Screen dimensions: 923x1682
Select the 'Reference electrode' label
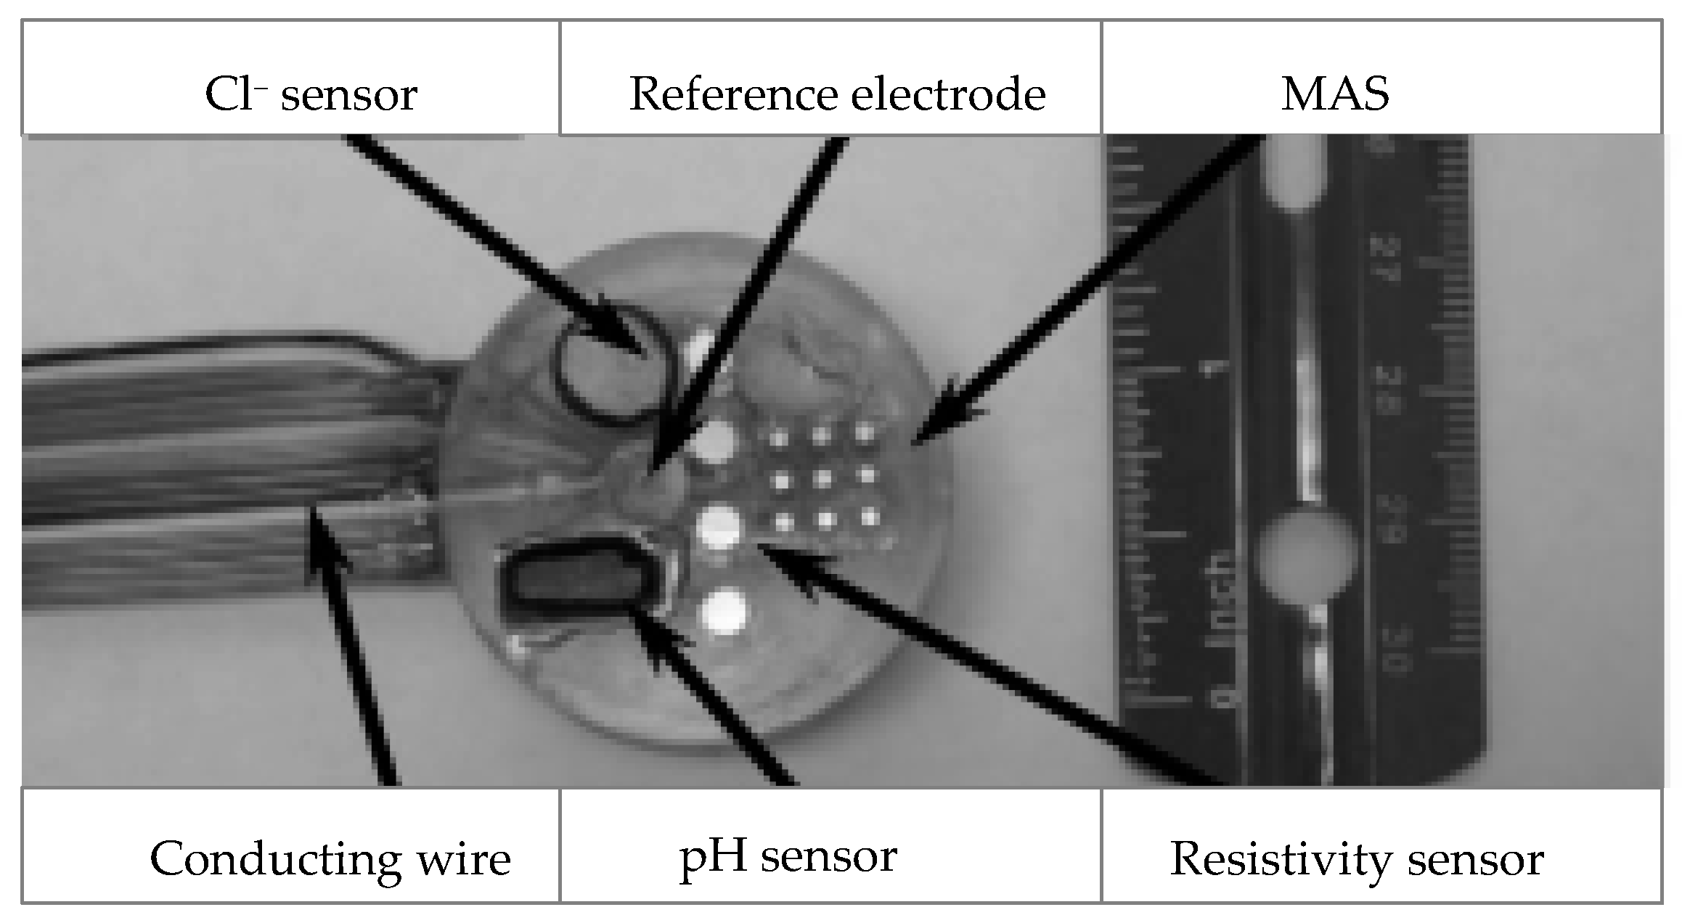[x=836, y=94]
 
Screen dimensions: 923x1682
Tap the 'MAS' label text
[x=1334, y=94]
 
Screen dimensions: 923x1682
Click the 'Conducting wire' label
[x=330, y=859]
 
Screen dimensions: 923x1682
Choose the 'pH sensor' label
[x=788, y=856]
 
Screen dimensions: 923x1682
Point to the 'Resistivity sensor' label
[x=1356, y=859]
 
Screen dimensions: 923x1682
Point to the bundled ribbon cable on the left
[x=218, y=464]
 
